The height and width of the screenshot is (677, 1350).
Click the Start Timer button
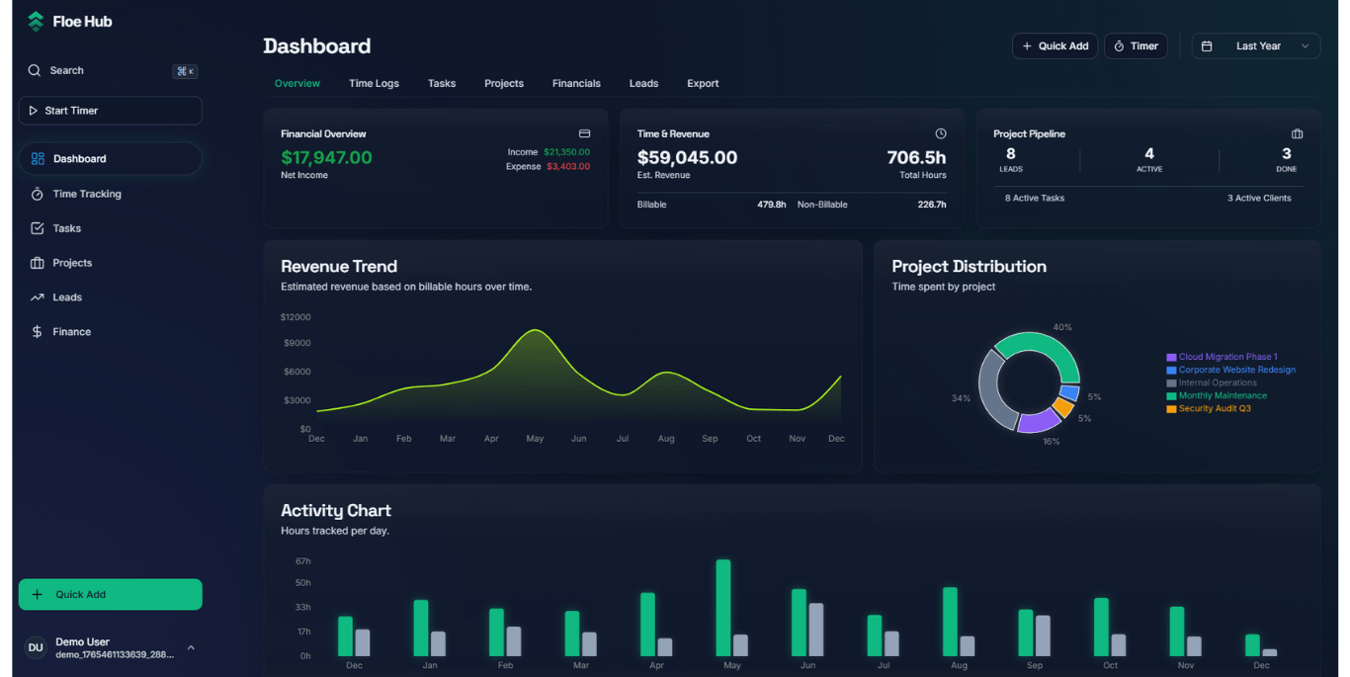coord(110,111)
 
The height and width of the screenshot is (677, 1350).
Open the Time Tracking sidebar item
coord(87,194)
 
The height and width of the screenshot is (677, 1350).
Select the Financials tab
coord(576,83)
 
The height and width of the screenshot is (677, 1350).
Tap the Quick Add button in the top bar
coord(1055,46)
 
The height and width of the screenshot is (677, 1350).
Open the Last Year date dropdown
coord(1255,46)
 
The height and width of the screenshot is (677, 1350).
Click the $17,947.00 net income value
coord(326,158)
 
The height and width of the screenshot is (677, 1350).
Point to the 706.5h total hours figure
coord(916,158)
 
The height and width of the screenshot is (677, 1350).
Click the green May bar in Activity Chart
coord(723,608)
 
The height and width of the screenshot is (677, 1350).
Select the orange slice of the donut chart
coord(1062,407)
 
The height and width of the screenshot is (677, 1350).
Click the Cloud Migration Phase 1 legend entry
coord(1227,357)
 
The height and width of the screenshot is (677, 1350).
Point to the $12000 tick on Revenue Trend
coord(295,317)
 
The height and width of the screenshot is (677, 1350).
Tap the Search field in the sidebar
coord(110,70)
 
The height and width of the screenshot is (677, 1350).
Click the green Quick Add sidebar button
coord(110,594)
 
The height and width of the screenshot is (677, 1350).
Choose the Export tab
coord(703,83)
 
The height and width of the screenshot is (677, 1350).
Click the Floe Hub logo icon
coord(36,21)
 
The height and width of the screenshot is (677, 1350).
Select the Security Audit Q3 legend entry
coord(1214,408)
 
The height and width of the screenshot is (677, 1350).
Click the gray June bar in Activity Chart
coord(815,630)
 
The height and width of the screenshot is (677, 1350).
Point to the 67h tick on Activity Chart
coord(302,561)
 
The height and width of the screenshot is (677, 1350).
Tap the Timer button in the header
coord(1136,46)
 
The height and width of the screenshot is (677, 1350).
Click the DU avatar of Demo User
coord(36,647)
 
